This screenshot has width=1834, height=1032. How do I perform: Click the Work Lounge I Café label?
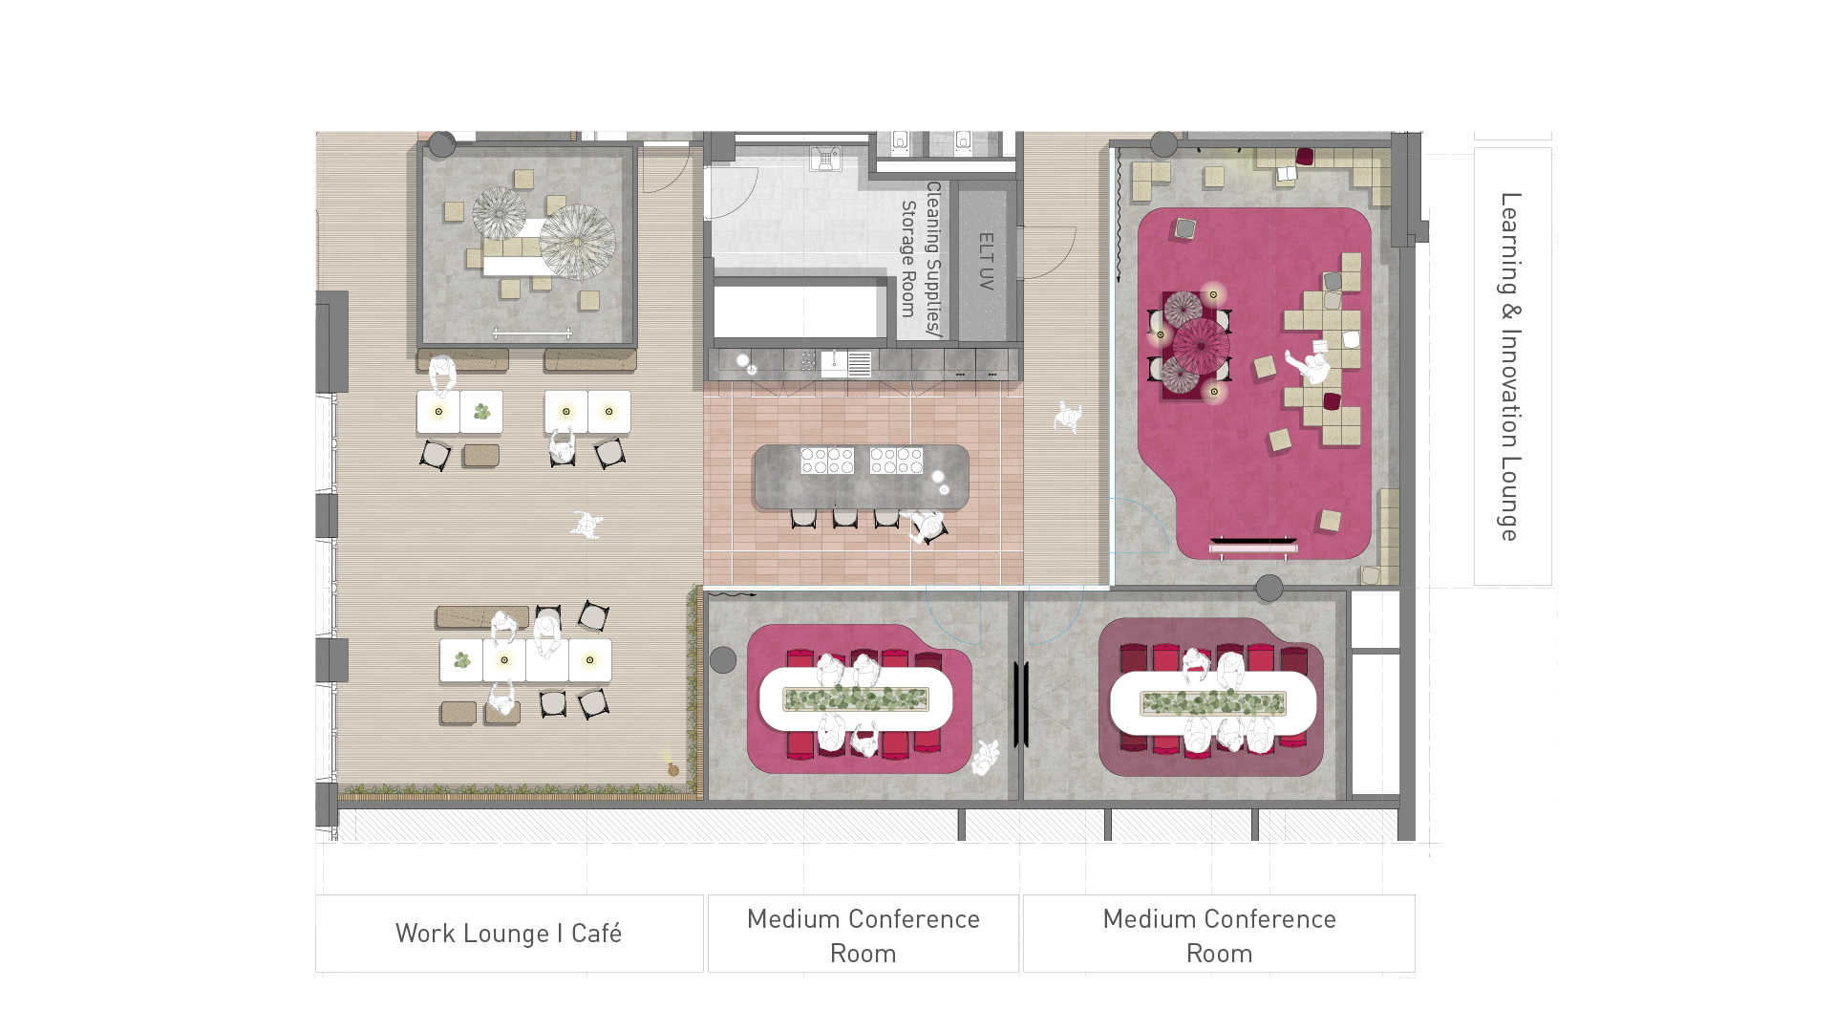pos(508,934)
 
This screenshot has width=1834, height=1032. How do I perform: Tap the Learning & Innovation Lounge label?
pos(1510,367)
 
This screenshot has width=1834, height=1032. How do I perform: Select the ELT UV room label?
pos(987,261)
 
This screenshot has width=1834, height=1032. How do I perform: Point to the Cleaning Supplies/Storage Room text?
pos(921,259)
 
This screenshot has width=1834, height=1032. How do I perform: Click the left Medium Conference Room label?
pos(864,935)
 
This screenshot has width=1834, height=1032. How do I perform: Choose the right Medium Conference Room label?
pos(1219,935)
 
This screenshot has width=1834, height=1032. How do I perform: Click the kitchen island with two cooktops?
pos(861,476)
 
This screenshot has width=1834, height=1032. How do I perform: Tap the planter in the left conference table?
pos(856,700)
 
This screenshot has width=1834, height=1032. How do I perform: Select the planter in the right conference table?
pos(1212,704)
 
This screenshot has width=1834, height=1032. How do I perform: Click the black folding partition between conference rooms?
pos(1020,704)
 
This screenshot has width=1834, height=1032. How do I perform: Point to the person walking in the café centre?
pos(586,525)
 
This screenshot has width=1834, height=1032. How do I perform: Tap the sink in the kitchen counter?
pos(834,363)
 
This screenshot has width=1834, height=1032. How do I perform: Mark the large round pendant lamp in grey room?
pos(577,241)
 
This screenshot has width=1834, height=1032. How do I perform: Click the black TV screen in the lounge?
pos(1253,542)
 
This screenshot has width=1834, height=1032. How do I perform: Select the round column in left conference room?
pos(723,659)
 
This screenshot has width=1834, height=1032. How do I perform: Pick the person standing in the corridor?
pos(1068,417)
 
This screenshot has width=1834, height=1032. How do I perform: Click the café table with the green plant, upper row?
pos(481,412)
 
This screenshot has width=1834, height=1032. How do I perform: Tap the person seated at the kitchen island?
pos(926,527)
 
